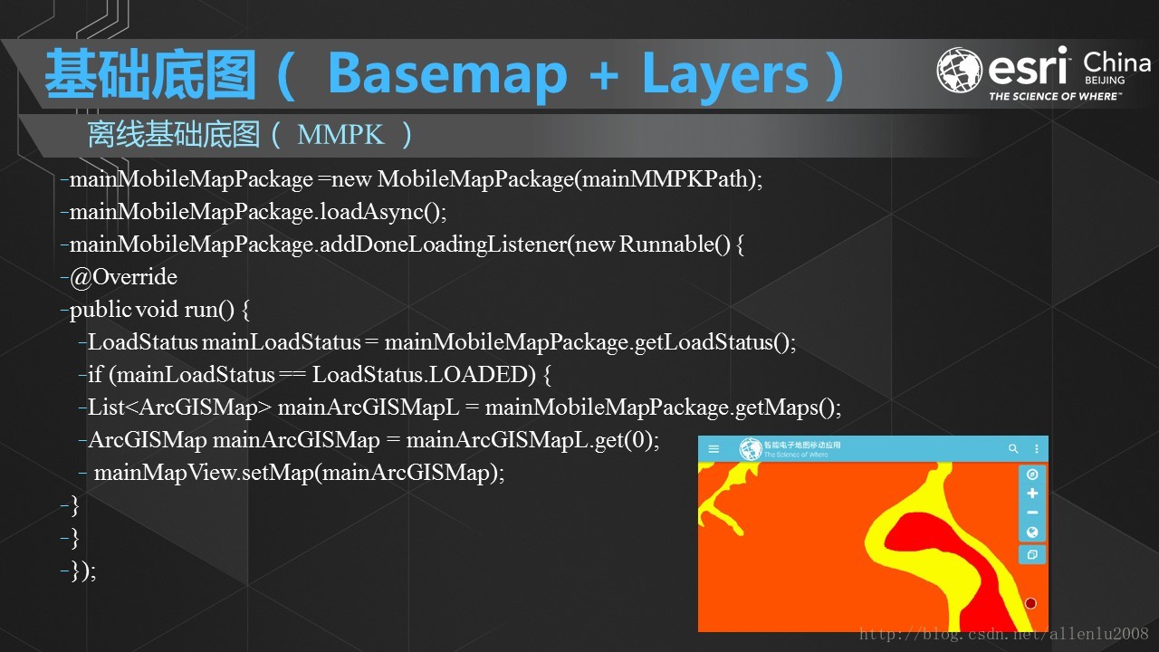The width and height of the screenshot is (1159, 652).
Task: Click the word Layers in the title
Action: pos(724,74)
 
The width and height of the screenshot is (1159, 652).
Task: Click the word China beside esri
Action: pos(1116,63)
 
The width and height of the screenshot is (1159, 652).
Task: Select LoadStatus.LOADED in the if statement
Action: pos(425,375)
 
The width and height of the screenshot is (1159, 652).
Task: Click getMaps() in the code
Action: pos(788,407)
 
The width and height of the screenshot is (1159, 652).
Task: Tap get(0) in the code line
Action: pos(626,440)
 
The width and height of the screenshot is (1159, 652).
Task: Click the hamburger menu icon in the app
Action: pos(714,449)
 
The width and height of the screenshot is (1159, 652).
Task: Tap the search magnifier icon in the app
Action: pos(1013,449)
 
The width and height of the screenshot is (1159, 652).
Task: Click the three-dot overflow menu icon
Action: pos(1037,449)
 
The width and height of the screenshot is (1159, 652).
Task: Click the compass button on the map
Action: pos(1031,475)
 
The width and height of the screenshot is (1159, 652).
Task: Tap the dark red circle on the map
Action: pos(1030,603)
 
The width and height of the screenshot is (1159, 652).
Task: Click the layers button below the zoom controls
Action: pos(1031,554)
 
